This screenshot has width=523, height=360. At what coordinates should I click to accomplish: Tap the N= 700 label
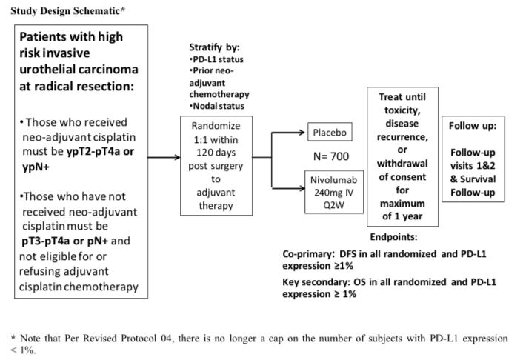[x=331, y=156]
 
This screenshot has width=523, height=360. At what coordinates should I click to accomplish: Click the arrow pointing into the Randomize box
[x=164, y=157]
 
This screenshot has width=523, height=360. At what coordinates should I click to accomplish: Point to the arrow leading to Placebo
[x=288, y=133]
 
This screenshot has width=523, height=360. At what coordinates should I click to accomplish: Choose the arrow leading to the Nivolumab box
[x=288, y=188]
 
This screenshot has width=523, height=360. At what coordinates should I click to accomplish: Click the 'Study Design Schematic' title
[x=67, y=10]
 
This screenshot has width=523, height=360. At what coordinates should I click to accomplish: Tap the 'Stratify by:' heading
[x=214, y=47]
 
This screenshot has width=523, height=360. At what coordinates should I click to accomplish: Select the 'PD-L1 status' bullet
[x=216, y=59]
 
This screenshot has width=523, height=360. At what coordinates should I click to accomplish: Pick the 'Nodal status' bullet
[x=216, y=106]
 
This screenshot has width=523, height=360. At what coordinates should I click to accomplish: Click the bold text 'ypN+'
[x=36, y=167]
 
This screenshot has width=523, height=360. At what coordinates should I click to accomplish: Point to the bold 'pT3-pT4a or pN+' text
[x=64, y=241]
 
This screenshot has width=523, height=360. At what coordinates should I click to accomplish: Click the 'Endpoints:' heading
[x=393, y=237]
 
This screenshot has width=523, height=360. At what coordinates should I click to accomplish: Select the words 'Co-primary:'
[x=308, y=254]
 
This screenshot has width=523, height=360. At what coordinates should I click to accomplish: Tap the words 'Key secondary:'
[x=316, y=282]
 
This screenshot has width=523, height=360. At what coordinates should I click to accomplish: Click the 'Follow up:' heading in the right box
[x=473, y=126]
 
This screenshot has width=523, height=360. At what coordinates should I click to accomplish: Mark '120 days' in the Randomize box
[x=216, y=153]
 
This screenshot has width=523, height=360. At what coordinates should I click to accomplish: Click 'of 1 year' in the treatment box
[x=402, y=216]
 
